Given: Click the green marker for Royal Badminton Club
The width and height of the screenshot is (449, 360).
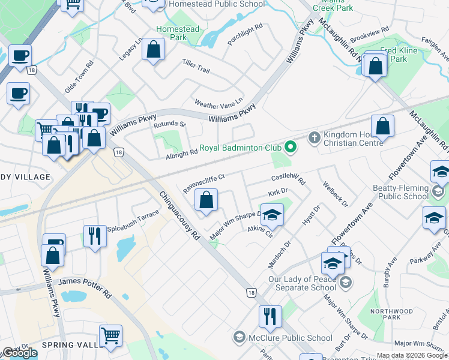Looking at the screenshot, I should [x=291, y=147].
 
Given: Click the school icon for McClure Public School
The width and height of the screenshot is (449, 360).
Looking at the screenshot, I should [x=240, y=337].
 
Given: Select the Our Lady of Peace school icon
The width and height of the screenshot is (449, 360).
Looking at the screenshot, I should [x=345, y=282].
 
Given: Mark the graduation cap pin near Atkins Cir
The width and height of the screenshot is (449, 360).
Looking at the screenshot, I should [x=272, y=215].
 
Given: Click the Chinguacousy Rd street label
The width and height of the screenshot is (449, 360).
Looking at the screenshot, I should [x=179, y=215].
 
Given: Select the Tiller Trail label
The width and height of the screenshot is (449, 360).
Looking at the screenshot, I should [x=196, y=67].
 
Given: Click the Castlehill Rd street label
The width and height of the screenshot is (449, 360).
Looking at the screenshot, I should [x=289, y=178].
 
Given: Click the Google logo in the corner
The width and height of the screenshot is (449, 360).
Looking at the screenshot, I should [x=19, y=353].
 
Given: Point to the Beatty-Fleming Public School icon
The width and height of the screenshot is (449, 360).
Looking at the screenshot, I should [x=438, y=191].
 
